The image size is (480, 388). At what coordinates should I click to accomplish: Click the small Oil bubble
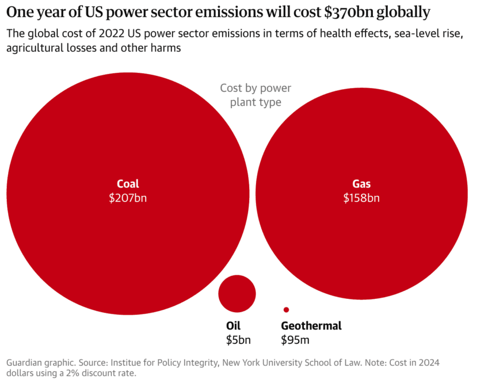tap(237, 294)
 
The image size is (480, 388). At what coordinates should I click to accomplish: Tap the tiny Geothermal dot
tap(286, 310)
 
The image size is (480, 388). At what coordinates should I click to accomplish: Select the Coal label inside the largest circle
tap(128, 185)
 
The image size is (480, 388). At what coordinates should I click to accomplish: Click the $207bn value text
tap(128, 198)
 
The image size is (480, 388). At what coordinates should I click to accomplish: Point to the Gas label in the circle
tap(361, 185)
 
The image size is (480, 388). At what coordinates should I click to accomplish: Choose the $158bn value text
tap(361, 198)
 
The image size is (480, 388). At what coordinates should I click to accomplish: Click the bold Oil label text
tap(233, 326)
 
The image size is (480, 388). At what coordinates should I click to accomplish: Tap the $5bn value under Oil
tap(238, 340)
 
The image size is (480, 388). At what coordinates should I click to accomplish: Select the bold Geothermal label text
tap(311, 326)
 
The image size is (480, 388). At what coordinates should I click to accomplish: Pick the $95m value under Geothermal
tap(295, 340)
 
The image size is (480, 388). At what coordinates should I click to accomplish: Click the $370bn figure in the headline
tap(356, 12)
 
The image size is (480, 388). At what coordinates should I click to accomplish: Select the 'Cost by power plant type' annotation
tap(256, 95)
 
